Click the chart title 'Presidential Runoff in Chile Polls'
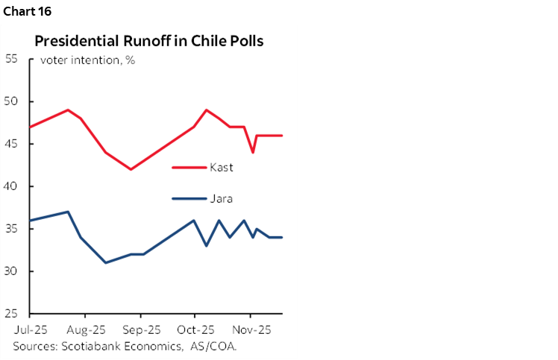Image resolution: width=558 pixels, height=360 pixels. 149,41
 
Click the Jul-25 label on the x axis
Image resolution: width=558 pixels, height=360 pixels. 29,329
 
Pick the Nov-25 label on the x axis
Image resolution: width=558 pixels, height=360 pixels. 251,329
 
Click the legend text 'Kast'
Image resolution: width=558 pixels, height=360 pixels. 222,168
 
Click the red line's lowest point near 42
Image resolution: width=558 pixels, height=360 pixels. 131,169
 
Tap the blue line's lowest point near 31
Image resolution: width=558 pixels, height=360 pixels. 105,262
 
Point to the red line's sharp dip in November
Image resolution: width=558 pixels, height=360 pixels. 253,152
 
